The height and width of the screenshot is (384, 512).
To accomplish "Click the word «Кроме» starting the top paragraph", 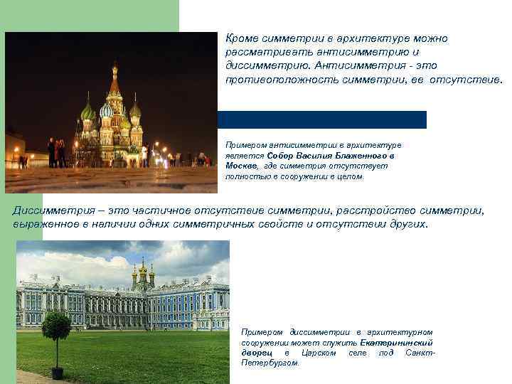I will [x=240, y=38].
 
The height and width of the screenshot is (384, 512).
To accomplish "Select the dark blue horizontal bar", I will [x=321, y=119].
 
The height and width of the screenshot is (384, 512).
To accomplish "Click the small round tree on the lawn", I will [x=56, y=327].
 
